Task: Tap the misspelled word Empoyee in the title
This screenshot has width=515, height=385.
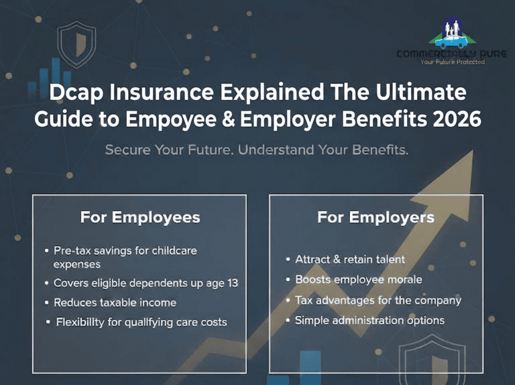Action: pos(171,119)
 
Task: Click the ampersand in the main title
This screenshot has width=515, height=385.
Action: pos(228,119)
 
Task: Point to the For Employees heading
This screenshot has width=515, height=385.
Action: pos(140,217)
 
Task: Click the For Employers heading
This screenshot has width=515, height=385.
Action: pos(376,217)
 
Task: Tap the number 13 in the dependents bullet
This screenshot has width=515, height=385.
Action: pos(233,283)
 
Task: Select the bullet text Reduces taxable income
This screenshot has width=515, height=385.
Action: pos(115,302)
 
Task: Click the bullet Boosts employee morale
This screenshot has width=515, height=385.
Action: pos(359,280)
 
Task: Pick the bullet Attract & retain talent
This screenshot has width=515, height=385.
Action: pos(350,260)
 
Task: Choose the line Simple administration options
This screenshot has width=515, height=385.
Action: pos(369,321)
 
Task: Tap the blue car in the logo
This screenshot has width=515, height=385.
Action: pos(451,42)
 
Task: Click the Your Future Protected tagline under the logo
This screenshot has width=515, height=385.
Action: pos(453,62)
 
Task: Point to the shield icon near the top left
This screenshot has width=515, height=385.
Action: pos(77,44)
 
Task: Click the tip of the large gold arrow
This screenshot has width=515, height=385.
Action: pos(473,151)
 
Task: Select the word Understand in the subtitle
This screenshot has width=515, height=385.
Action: pos(276,150)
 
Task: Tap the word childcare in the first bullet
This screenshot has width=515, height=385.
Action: pos(174,251)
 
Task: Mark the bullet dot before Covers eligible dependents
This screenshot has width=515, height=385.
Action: pos(47,283)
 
